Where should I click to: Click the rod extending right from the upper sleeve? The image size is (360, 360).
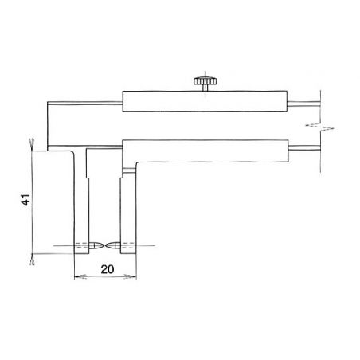point(303,102)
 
